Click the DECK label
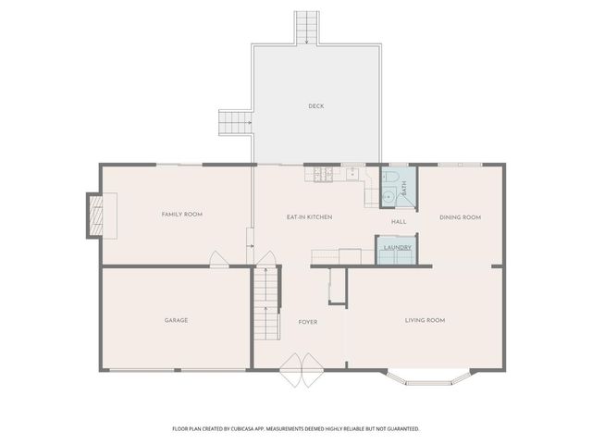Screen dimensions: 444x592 coord(316,106)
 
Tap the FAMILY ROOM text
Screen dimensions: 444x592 coord(182,215)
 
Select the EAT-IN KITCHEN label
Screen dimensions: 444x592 coord(309,217)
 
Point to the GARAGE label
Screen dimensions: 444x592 coord(177,320)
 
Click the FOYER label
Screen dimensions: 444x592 coord(308,322)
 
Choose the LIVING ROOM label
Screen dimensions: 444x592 coord(425,320)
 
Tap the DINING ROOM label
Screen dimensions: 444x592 coord(460,217)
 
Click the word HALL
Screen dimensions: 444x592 coord(399,222)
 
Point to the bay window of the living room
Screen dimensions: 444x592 coord(429,378)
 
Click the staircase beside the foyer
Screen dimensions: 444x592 coord(266,301)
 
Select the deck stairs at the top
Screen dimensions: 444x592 coord(307,28)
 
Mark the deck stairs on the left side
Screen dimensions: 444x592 coord(235,121)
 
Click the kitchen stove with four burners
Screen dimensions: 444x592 coord(323,172)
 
